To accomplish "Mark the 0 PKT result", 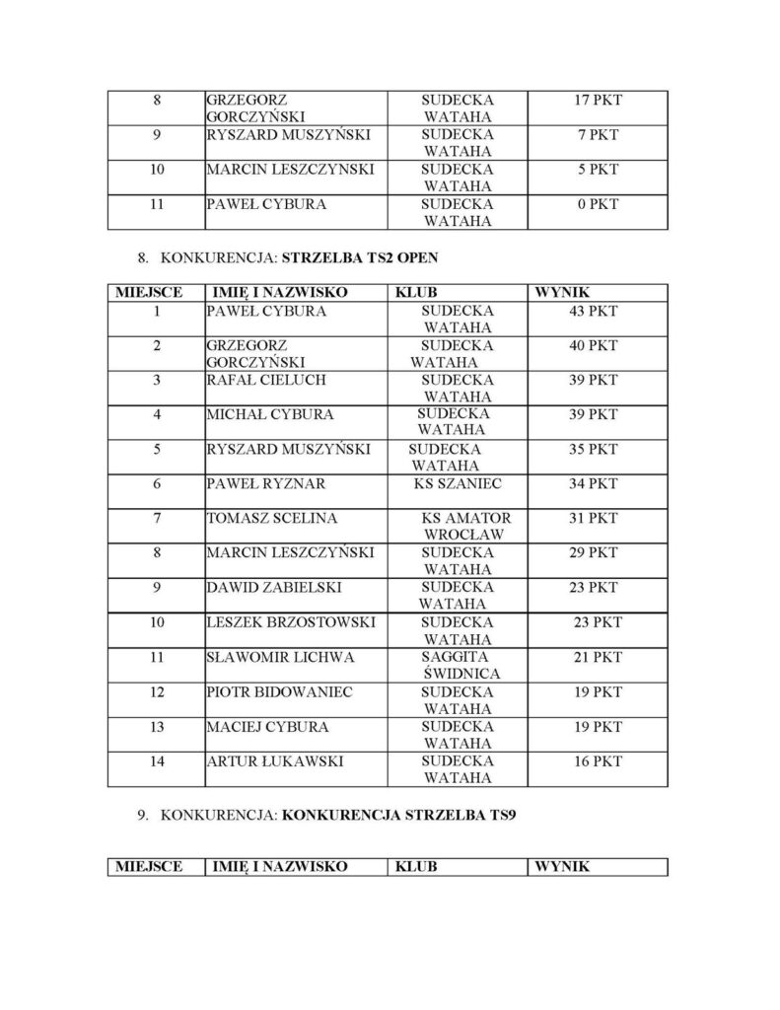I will pos(598,205).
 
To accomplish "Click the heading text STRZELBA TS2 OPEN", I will pos(360,259).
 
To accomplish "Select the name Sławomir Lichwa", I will pos(266,657).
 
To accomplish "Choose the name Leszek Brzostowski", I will pos(283,622).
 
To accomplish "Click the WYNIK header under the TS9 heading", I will pos(562,867).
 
